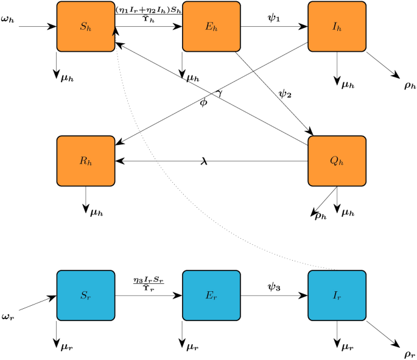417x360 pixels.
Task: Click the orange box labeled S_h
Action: tap(85, 27)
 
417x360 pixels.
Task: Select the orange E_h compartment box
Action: tap(211, 27)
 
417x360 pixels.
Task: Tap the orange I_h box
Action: tap(337, 27)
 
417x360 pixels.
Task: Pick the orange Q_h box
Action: tap(337, 161)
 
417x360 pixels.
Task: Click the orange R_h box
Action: tap(85, 161)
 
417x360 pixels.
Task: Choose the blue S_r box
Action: tap(85, 295)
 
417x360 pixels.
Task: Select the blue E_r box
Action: tap(211, 295)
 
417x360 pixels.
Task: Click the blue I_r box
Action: tap(337, 295)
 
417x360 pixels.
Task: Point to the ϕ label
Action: tap(203, 102)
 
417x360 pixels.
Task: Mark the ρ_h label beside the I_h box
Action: tap(410, 85)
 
